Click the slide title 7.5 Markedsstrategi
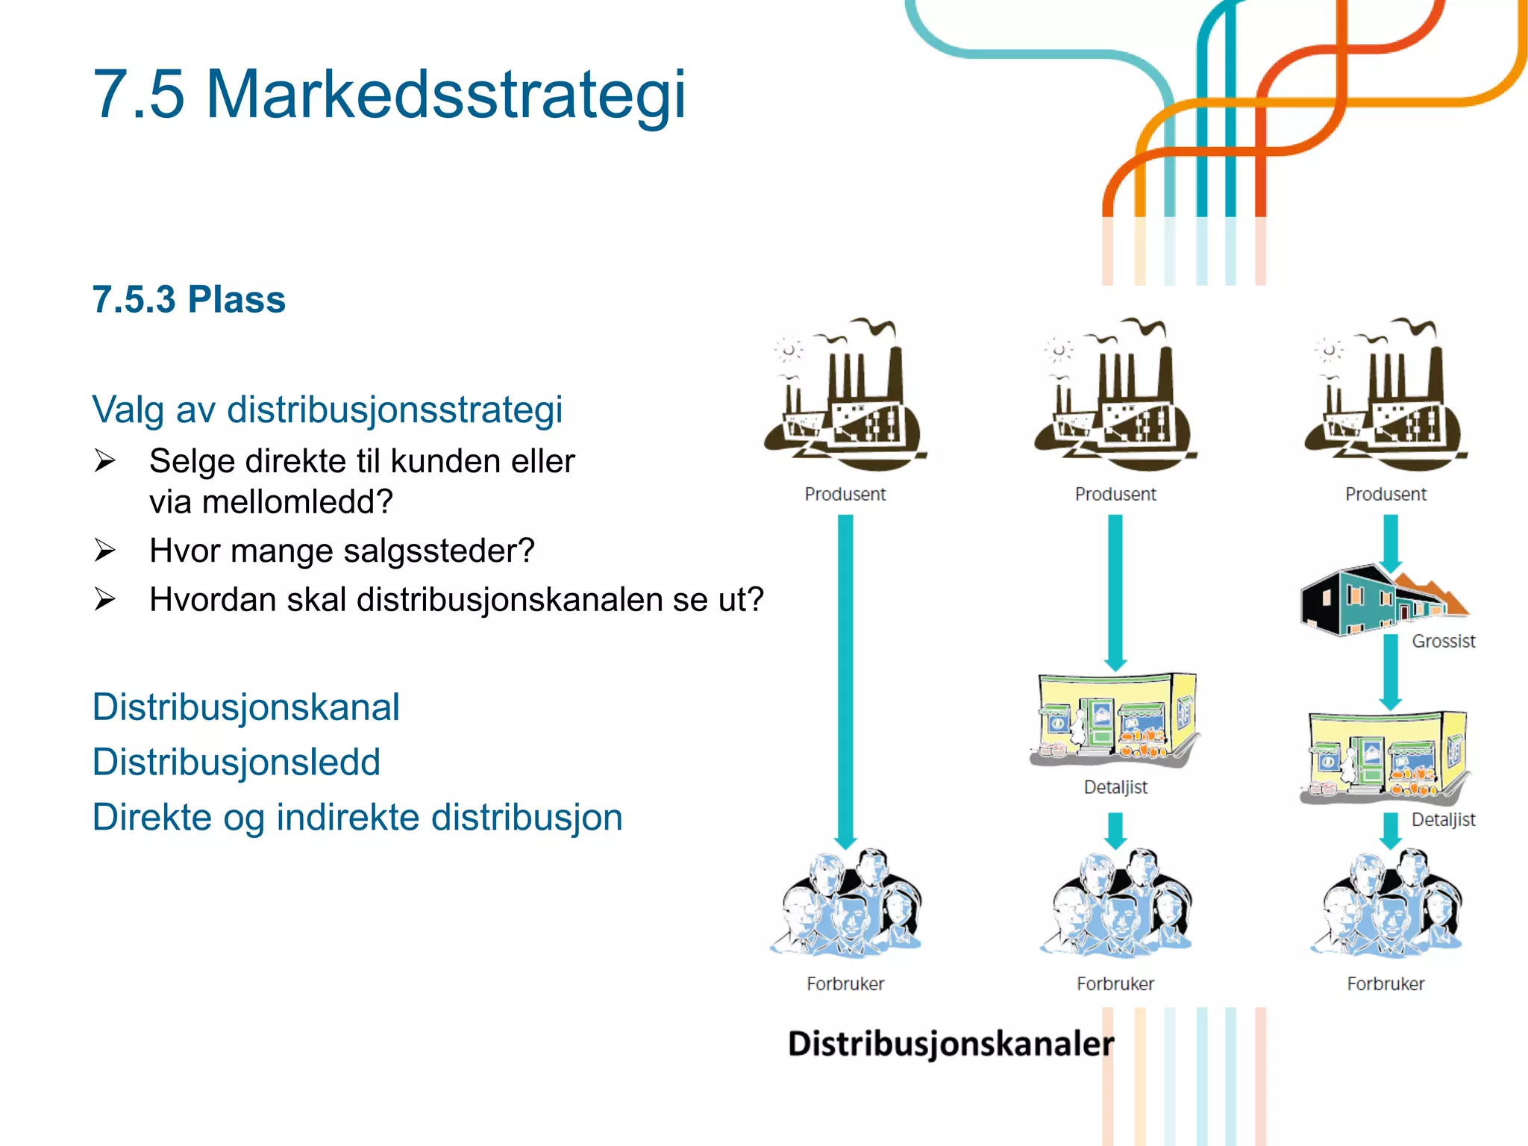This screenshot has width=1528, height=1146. click(x=389, y=95)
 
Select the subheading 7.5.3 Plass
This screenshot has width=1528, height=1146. click(x=189, y=300)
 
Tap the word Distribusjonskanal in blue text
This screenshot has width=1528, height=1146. click(x=245, y=707)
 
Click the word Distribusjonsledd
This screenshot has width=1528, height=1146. click(x=236, y=763)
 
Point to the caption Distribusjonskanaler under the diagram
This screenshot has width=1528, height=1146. click(x=951, y=1043)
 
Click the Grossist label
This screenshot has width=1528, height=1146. click(x=1443, y=641)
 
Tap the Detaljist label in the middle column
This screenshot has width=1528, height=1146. click(x=1115, y=787)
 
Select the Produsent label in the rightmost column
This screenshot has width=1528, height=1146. click(x=1385, y=494)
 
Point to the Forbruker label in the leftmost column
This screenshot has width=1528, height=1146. click(x=845, y=984)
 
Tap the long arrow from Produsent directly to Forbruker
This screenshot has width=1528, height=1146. click(x=845, y=679)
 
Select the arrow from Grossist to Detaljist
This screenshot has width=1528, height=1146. click(x=1391, y=671)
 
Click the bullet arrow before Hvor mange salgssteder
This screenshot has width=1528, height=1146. click(x=104, y=551)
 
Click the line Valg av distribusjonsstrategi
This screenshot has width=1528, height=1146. click(x=327, y=410)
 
